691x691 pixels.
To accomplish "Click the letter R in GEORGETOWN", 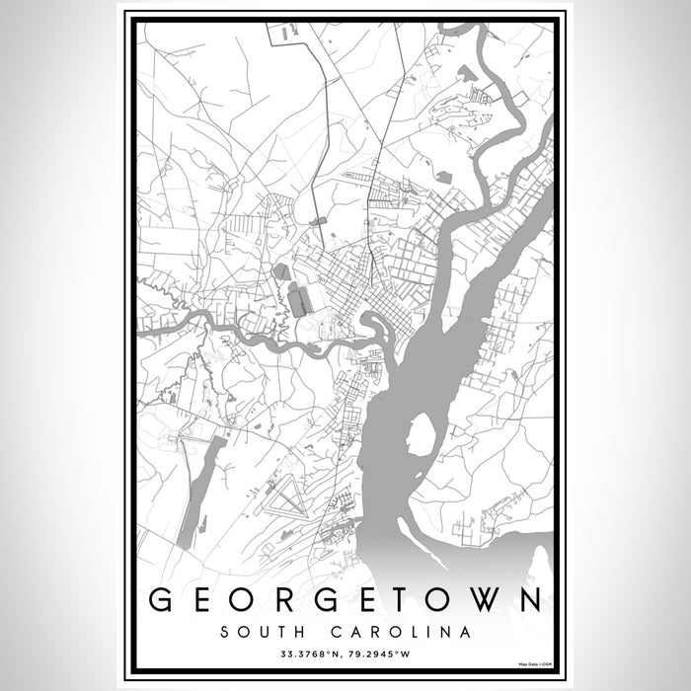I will coord(280,600).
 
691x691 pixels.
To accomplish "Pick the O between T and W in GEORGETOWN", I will coord(447,600).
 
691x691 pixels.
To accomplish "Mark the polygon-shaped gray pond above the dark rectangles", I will coord(281,270).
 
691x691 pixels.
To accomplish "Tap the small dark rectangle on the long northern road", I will coord(317,222).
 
